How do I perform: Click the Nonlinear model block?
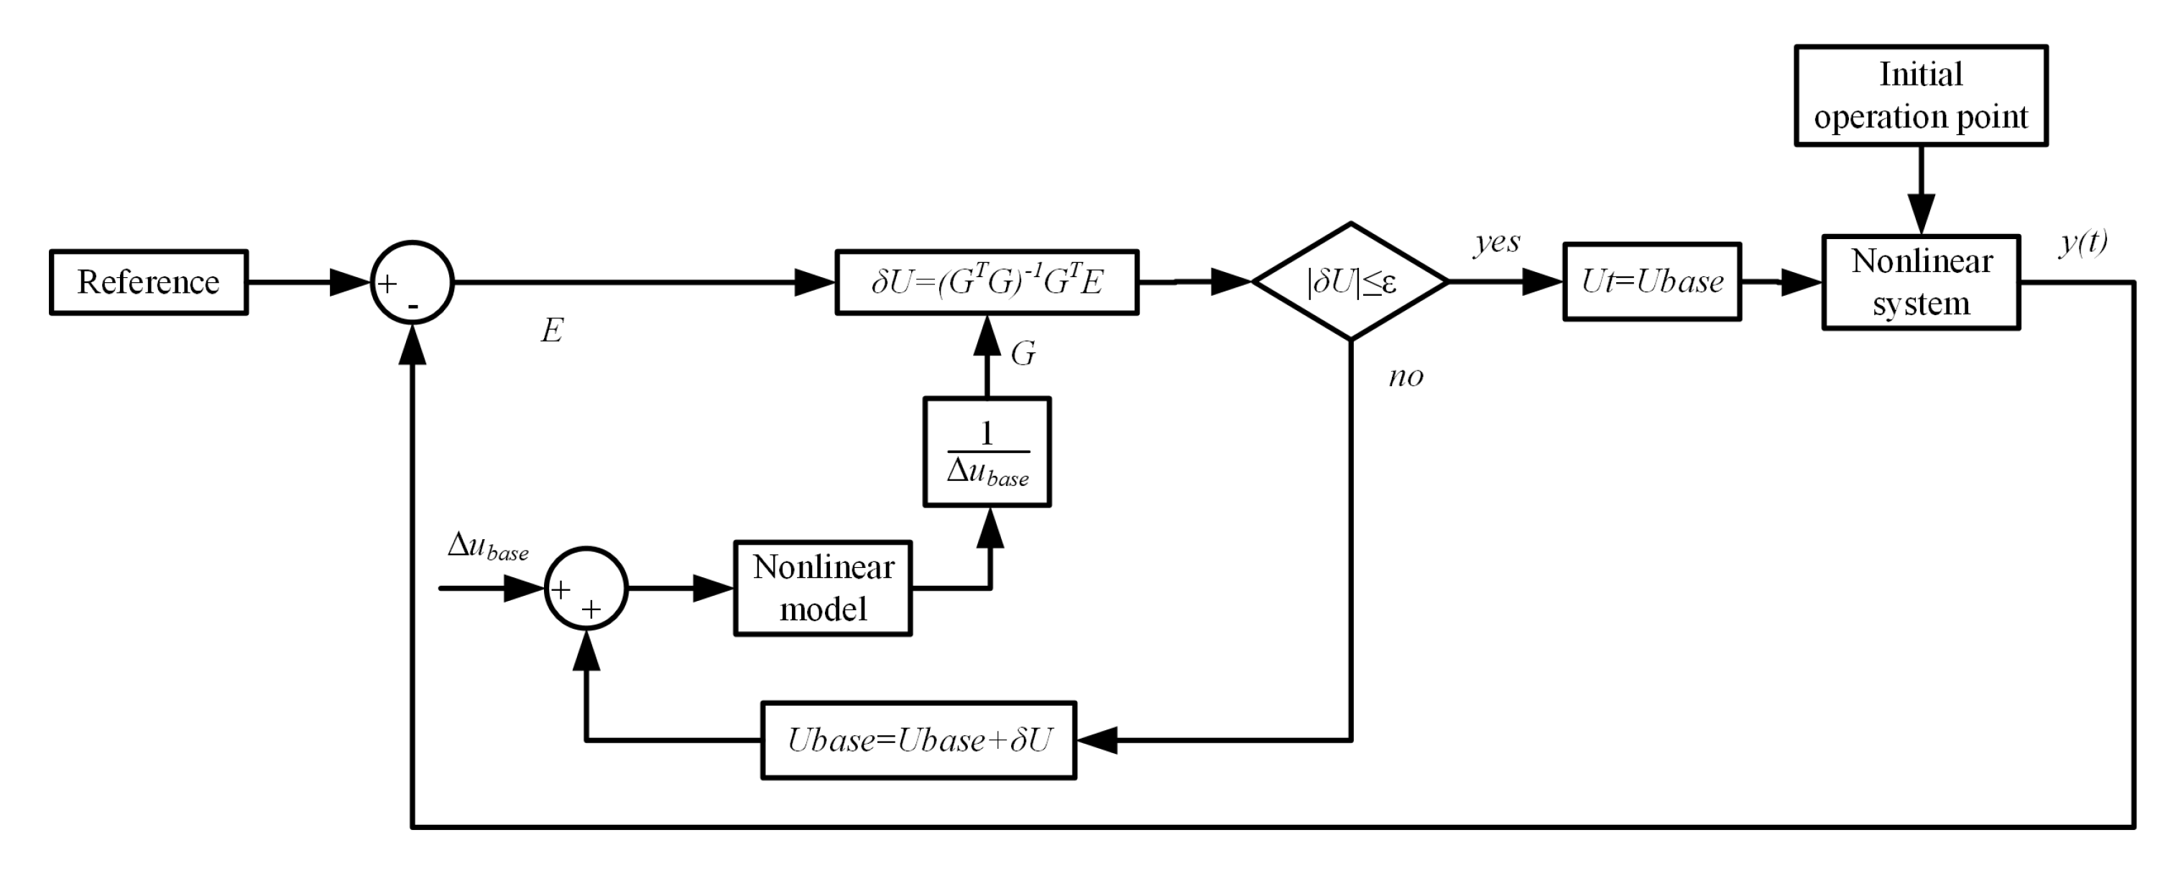click(x=822, y=588)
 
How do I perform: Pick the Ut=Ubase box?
click(x=1651, y=281)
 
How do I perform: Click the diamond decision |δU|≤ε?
click(x=1351, y=281)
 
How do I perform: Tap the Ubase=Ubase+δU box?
click(x=918, y=740)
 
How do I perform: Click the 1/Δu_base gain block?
click(x=987, y=452)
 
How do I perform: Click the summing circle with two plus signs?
click(x=586, y=588)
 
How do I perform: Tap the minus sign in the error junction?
click(x=413, y=308)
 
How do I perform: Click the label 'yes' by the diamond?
click(x=1496, y=242)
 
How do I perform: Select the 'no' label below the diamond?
click(x=1406, y=376)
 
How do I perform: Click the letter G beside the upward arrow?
click(x=1023, y=353)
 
